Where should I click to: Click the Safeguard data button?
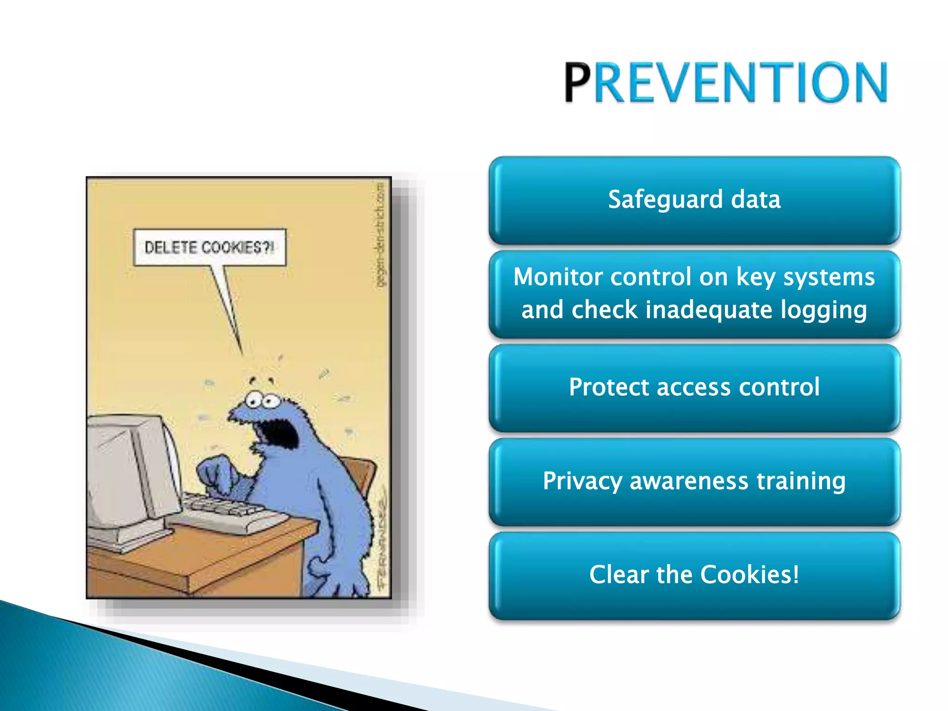(694, 200)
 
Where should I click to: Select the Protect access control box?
(694, 387)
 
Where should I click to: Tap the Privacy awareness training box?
(694, 481)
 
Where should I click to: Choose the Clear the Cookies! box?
(694, 575)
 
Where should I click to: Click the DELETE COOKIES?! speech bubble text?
(209, 247)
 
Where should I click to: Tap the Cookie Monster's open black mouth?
(278, 433)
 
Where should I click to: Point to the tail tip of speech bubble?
(242, 353)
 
